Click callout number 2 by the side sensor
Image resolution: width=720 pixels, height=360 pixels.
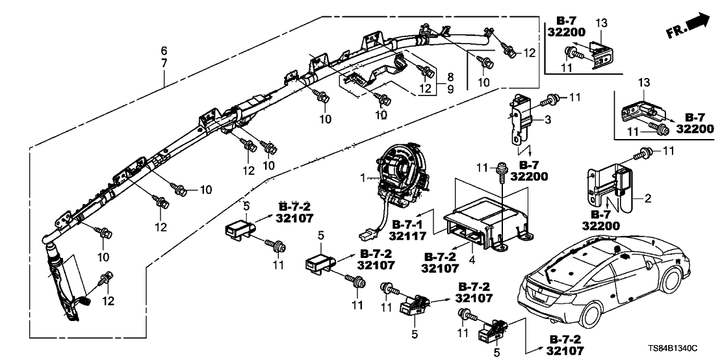click(x=648, y=196)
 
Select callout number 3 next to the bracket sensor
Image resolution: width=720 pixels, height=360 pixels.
click(x=548, y=120)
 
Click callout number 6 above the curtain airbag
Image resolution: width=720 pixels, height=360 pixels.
click(x=164, y=50)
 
